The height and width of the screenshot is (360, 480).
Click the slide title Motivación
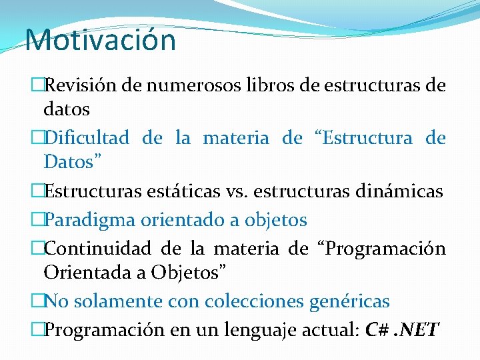coord(101,39)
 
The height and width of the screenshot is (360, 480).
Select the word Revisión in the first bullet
coord(73,85)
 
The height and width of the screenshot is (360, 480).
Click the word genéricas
coord(349,301)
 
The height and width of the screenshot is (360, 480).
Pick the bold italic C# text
coord(377,329)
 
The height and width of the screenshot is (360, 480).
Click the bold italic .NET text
coord(419,329)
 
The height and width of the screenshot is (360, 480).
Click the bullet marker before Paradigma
coord(37,219)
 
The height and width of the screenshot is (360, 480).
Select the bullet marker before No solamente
coord(37,301)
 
